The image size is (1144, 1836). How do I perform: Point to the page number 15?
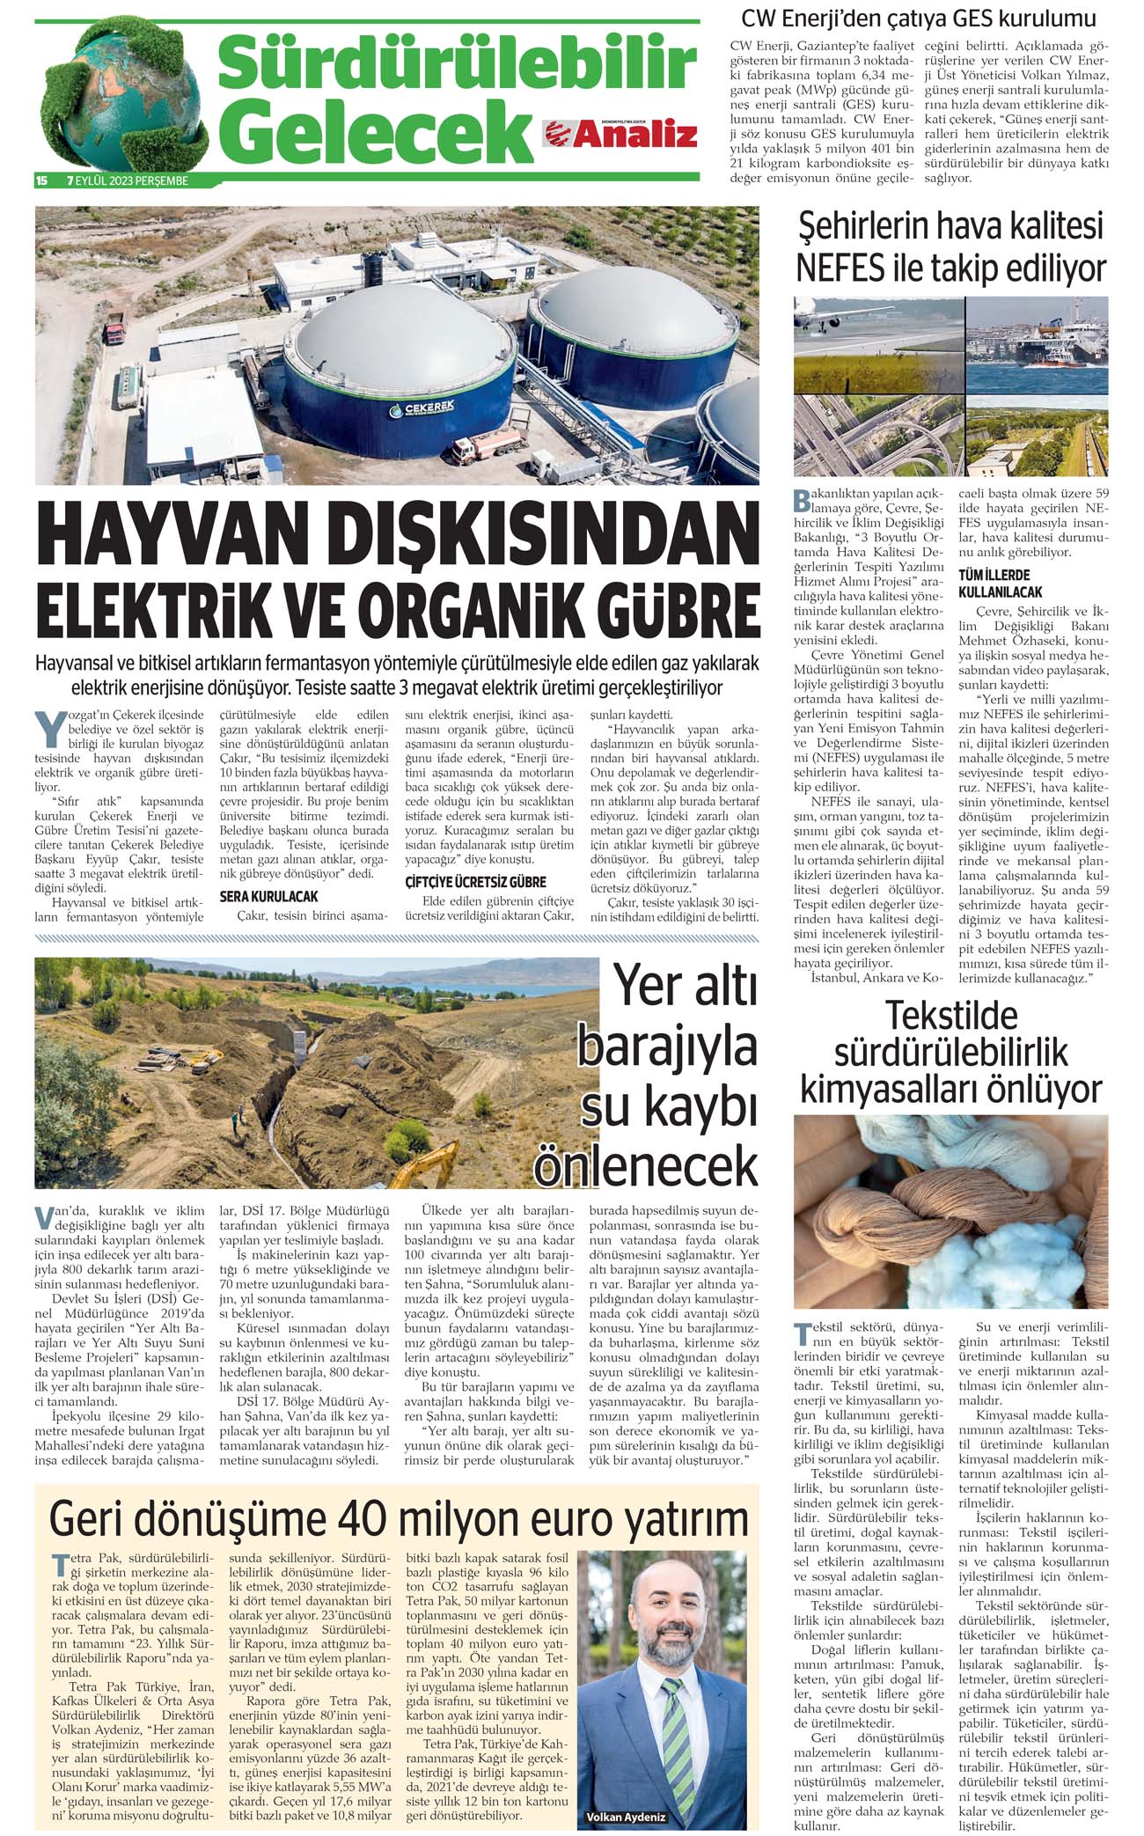[x=41, y=180]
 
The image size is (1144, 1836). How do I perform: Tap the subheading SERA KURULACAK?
[x=268, y=897]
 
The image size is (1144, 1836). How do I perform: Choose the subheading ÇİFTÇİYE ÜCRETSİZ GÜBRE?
[x=475, y=882]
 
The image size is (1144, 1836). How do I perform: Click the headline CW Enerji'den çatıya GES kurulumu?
[x=919, y=18]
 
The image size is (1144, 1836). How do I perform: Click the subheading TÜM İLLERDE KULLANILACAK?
[x=1000, y=584]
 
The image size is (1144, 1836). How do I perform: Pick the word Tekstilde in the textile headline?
[x=950, y=1015]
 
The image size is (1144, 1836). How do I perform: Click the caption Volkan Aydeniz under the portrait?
[x=626, y=1815]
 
